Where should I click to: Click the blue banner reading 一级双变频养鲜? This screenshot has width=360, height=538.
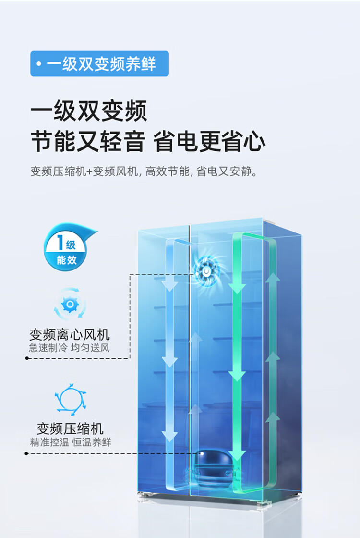pos(99,63)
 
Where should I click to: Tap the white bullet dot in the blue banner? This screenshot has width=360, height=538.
pos(39,64)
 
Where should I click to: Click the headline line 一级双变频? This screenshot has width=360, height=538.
pos(89,111)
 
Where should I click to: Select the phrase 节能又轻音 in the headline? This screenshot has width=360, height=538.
pos(88,141)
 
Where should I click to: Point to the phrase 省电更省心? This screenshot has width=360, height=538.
pos(209,141)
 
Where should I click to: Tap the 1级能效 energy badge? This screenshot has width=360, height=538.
pos(69,247)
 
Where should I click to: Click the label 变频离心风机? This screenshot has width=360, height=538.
pos(70,334)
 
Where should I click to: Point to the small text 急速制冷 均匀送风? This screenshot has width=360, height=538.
pos(69,348)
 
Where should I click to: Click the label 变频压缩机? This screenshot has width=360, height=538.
pos(70,429)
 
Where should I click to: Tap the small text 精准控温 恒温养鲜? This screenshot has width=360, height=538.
pos(70,442)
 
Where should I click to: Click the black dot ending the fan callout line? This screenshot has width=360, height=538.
pos(27,358)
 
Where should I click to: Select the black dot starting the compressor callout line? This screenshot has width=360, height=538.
pos(26,453)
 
